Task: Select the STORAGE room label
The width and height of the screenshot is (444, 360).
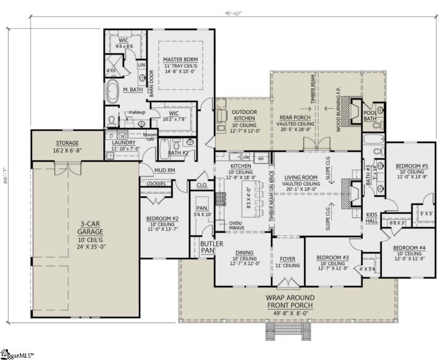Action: coord(67,143)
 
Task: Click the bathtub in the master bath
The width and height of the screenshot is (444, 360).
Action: coord(113,92)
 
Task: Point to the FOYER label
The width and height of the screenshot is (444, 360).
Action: coord(287,258)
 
